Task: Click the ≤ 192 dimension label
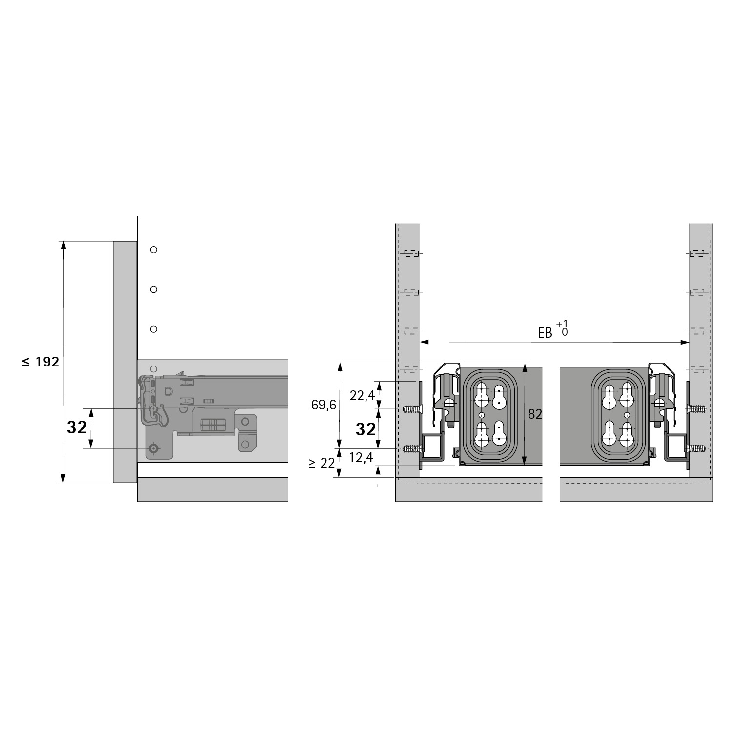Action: click(x=41, y=362)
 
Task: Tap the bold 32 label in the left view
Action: click(x=77, y=427)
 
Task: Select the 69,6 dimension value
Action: click(x=324, y=405)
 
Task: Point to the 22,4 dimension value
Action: click(x=362, y=395)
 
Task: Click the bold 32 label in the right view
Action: click(x=366, y=429)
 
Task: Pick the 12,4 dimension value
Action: click(x=361, y=457)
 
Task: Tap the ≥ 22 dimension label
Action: click(x=322, y=463)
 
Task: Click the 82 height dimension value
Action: click(x=535, y=414)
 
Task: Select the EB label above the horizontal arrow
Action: click(x=545, y=333)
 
